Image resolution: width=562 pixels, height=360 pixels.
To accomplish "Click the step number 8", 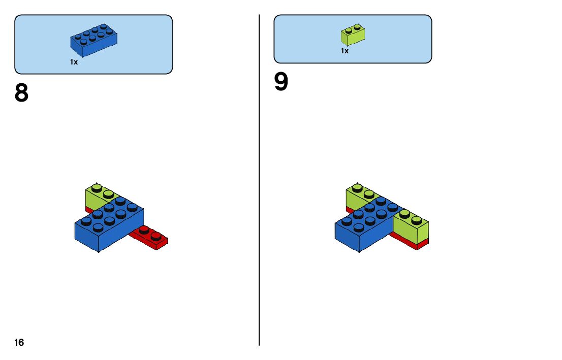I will pyautogui.click(x=22, y=93).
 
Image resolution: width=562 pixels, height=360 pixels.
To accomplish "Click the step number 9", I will pyautogui.click(x=281, y=82).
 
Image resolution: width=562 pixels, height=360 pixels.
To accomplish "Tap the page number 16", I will pyautogui.click(x=19, y=343).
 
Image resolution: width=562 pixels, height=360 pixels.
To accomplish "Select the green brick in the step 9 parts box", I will pyautogui.click(x=354, y=34).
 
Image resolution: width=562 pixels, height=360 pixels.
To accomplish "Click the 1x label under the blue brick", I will pyautogui.click(x=74, y=62).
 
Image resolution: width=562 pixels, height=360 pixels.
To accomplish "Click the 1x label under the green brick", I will pyautogui.click(x=345, y=51).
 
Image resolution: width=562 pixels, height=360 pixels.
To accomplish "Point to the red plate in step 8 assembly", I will pyautogui.click(x=152, y=238).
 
